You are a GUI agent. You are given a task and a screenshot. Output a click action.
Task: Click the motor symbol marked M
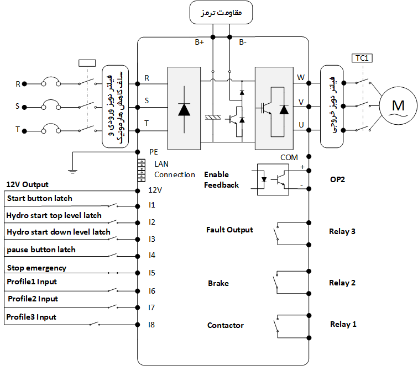pyautogui.click(x=398, y=105)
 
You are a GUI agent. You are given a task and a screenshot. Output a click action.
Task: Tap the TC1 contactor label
pyautogui.click(x=362, y=57)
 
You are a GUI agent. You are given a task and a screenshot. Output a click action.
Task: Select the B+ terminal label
pyautogui.click(x=200, y=43)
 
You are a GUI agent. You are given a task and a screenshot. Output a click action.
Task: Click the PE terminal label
pyautogui.click(x=154, y=151)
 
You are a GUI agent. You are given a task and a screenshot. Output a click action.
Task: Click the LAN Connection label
pyautogui.click(x=174, y=169)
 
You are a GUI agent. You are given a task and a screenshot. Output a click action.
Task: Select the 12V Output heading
pyautogui.click(x=27, y=184)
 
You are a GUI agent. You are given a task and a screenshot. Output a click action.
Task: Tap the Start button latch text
pyautogui.click(x=39, y=198)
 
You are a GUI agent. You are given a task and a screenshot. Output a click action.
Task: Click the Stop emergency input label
pyautogui.click(x=36, y=268)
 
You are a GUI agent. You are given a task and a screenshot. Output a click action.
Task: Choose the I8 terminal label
pyautogui.click(x=151, y=325)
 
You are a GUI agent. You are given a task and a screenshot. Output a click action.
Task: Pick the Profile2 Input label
pyautogui.click(x=33, y=299)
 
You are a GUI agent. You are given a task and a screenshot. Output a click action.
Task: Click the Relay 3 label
pyautogui.click(x=342, y=231)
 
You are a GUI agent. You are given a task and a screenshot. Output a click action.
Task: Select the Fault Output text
pyautogui.click(x=229, y=230)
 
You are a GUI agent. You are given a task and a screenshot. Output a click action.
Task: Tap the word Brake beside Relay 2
pyautogui.click(x=218, y=283)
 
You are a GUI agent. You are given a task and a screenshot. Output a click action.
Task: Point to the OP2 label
pyautogui.click(x=338, y=180)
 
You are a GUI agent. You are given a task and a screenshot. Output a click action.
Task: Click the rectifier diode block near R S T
pyautogui.click(x=184, y=108)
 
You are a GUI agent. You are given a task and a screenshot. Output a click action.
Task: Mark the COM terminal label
pyautogui.click(x=289, y=157)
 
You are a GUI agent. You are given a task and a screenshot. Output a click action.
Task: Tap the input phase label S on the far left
pyautogui.click(x=18, y=105)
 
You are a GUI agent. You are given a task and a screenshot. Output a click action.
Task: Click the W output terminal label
pyautogui.click(x=301, y=77)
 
